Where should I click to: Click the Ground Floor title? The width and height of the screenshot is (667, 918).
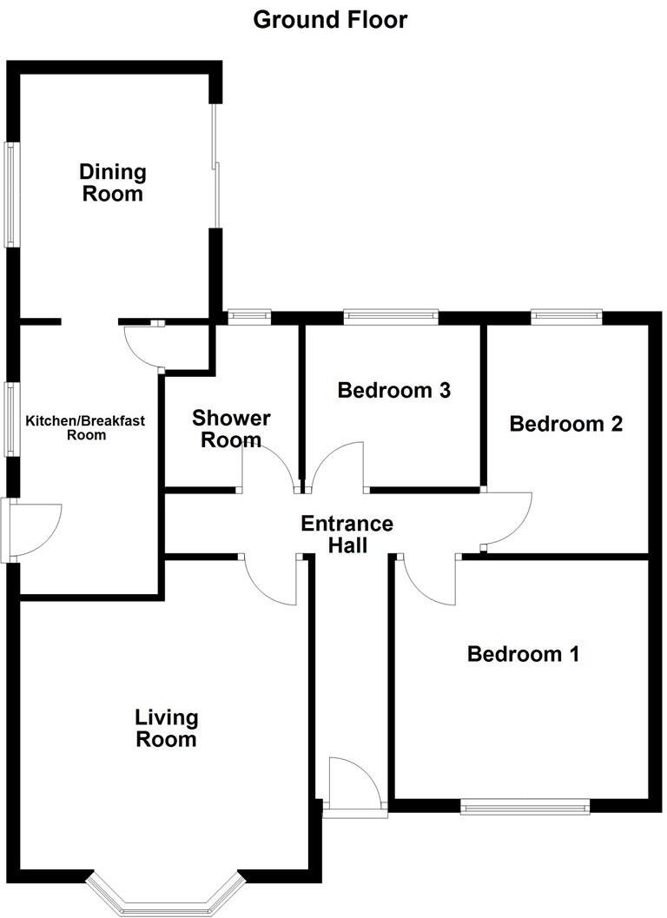point(330,19)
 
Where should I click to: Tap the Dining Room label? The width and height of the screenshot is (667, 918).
point(113,182)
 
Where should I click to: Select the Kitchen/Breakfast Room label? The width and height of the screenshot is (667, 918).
point(85,427)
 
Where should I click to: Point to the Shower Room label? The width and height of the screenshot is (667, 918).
point(231,429)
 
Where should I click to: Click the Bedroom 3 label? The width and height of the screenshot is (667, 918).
point(394,390)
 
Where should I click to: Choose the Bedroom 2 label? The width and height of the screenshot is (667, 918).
point(566,424)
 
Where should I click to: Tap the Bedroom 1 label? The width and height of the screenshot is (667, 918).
point(523,653)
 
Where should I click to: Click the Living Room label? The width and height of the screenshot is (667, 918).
point(166,729)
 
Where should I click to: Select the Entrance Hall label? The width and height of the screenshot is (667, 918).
point(347,534)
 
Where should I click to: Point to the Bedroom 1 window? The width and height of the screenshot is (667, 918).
point(525,808)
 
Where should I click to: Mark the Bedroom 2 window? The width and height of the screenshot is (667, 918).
point(566,316)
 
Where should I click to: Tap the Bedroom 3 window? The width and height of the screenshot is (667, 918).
point(390,316)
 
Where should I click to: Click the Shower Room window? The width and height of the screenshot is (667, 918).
point(249,316)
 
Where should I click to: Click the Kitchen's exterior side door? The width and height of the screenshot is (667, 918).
point(30,530)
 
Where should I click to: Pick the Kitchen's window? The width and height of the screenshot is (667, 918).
point(10,419)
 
